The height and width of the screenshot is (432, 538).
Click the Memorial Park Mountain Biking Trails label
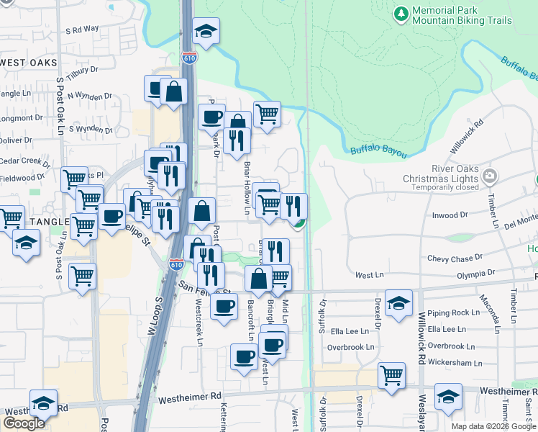(x=462, y=16)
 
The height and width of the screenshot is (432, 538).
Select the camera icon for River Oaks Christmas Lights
(x=490, y=175)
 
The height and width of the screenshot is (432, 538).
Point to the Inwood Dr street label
(x=449, y=214)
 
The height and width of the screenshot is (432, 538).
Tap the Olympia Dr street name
(x=476, y=274)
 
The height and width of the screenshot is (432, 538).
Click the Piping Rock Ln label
(x=453, y=313)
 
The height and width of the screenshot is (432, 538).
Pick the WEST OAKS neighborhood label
(x=29, y=63)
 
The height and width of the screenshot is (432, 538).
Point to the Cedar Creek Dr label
(x=24, y=161)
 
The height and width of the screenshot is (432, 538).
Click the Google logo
(x=24, y=423)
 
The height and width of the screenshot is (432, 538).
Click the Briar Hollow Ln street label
(x=247, y=187)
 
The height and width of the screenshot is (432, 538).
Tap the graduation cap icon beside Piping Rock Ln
(x=398, y=302)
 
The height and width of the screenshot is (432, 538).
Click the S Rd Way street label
(x=82, y=30)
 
